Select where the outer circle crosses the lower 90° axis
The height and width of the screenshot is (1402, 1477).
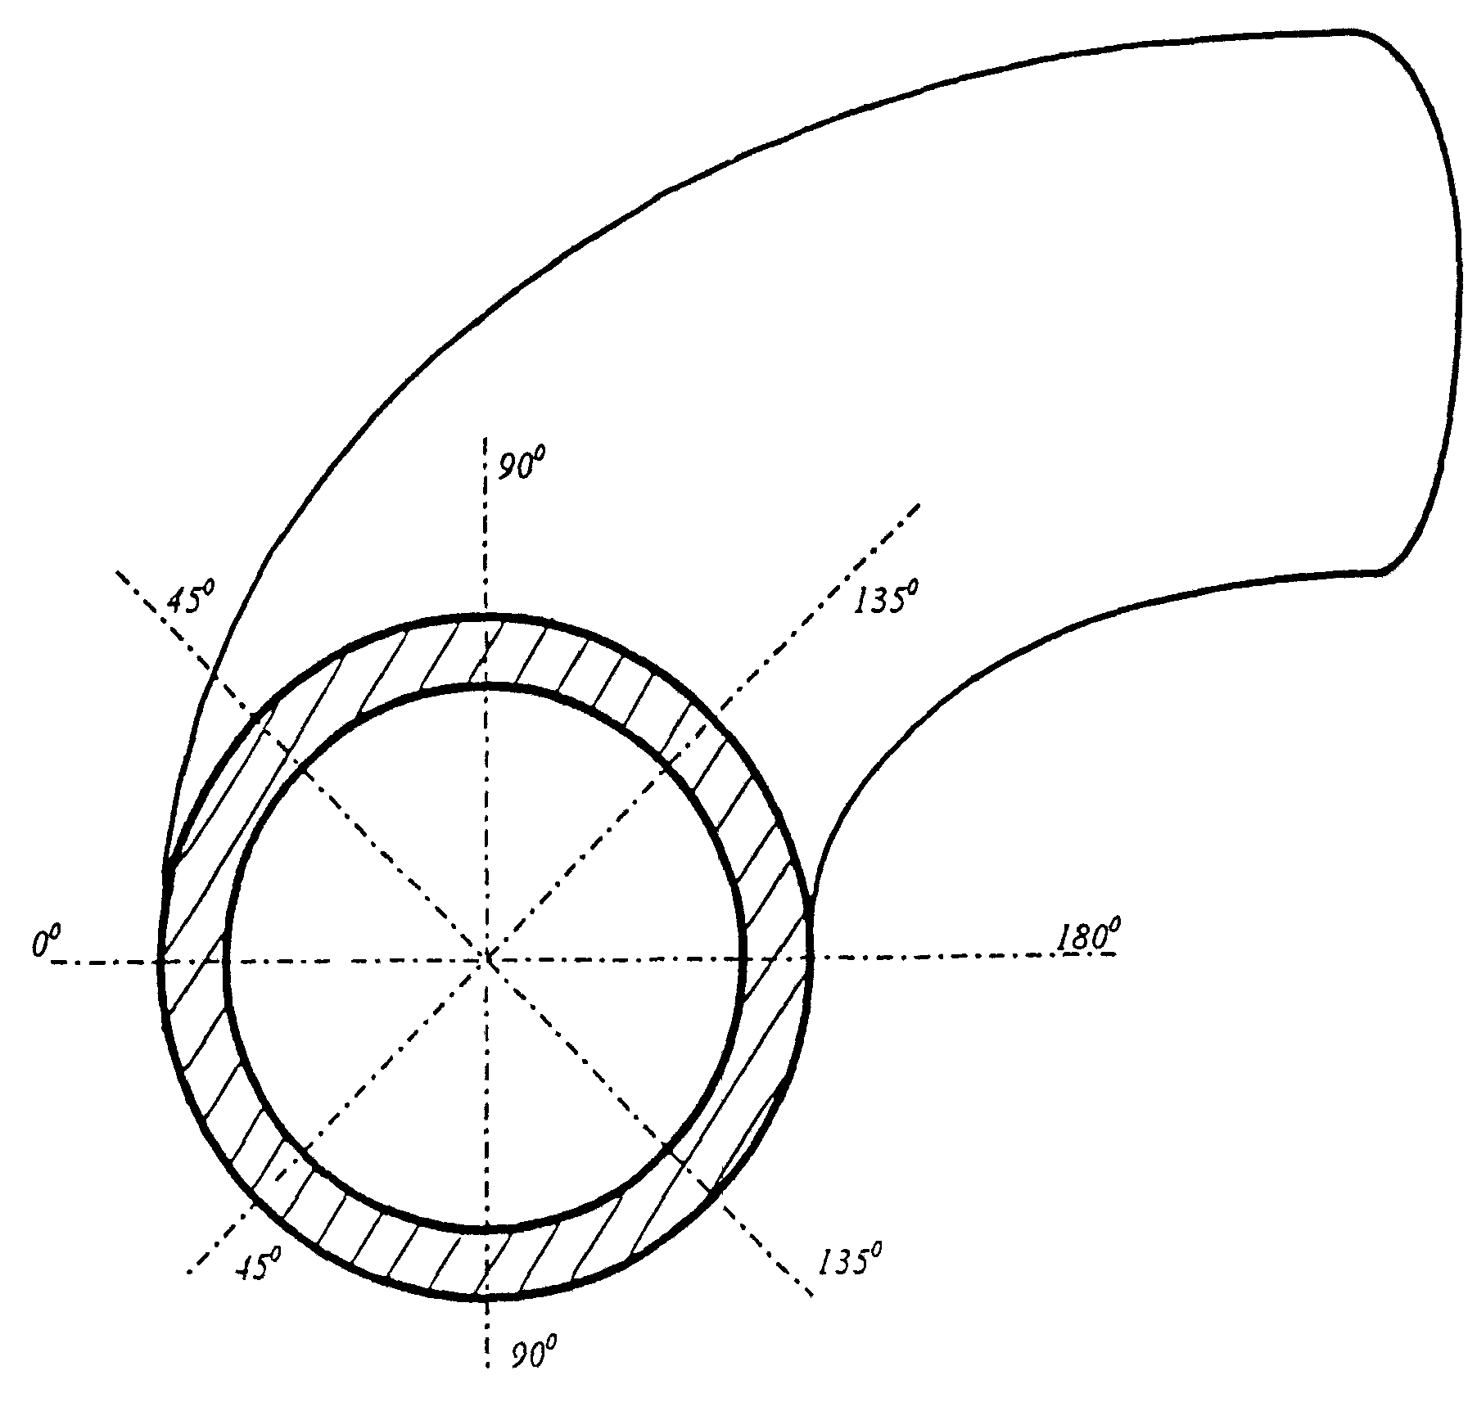(487, 1298)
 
